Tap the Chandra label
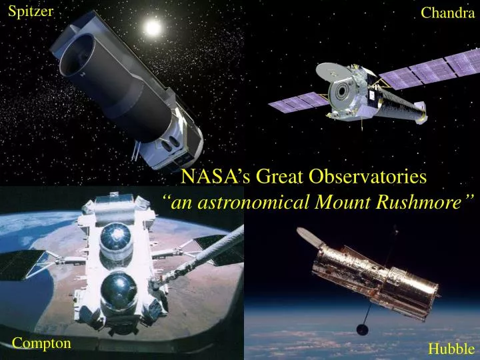(447, 13)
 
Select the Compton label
(41, 343)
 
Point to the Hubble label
(451, 348)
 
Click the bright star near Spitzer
(153, 28)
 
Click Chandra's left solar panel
(296, 103)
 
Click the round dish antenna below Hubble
(363, 329)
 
